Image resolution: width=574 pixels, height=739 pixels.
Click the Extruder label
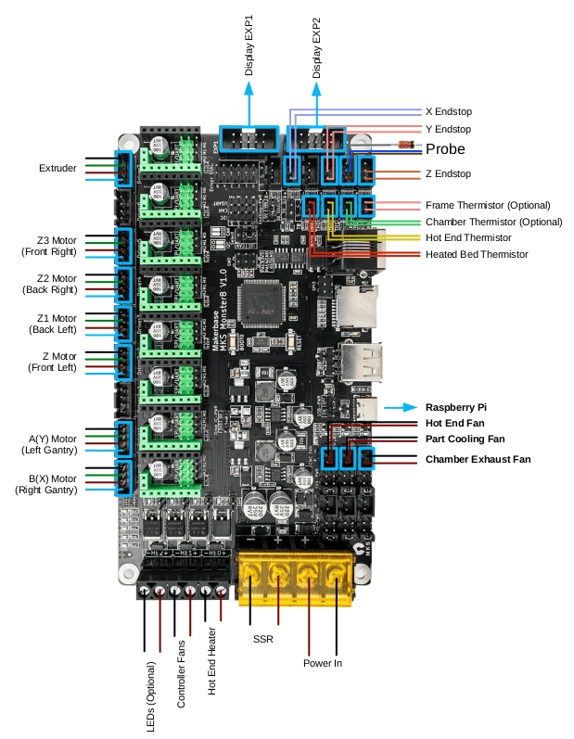click(57, 169)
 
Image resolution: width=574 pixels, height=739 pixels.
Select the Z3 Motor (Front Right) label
click(51, 245)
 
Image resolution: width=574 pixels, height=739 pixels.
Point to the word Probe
click(445, 149)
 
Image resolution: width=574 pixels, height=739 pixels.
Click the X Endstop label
click(448, 109)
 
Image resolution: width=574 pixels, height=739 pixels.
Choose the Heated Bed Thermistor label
click(477, 254)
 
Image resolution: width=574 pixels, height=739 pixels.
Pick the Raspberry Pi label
click(456, 407)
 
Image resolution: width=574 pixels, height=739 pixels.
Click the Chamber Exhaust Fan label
click(478, 459)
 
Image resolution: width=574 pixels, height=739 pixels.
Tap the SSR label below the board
click(262, 639)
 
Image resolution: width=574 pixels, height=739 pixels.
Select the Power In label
click(323, 663)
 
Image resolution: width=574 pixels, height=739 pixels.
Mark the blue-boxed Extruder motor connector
click(121, 168)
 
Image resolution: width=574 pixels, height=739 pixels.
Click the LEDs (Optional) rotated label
click(151, 695)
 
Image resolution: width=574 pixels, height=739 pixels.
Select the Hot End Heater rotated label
click(211, 661)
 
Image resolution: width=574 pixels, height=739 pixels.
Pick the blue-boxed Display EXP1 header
click(249, 141)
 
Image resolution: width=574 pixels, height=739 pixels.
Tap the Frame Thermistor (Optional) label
click(488, 205)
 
